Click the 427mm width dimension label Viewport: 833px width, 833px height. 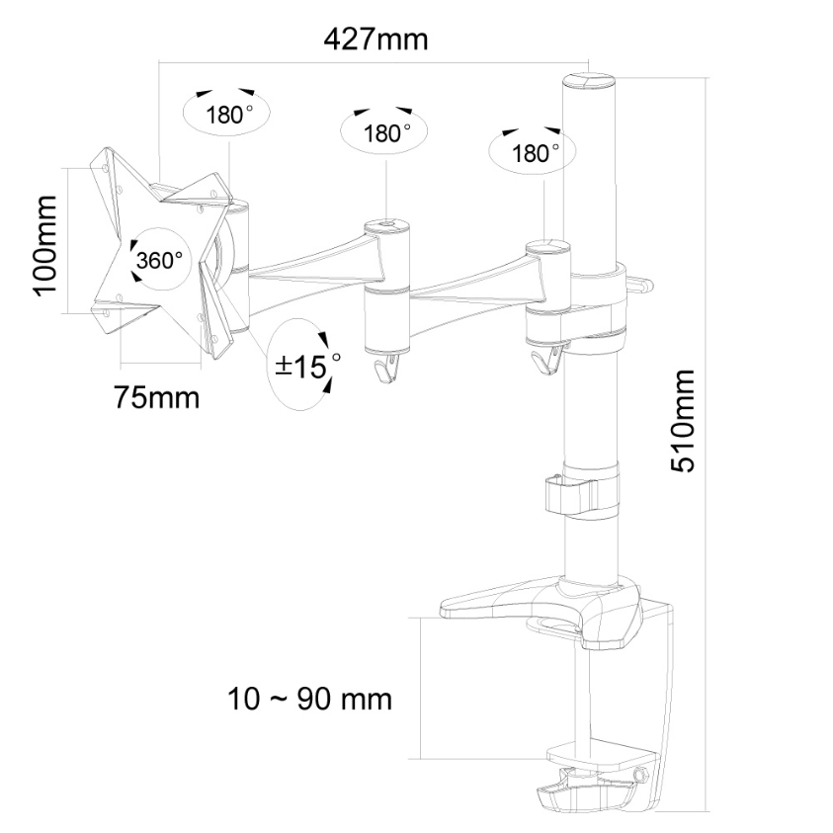point(375,40)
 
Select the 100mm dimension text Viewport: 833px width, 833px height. point(44,245)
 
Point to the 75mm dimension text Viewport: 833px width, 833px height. point(157,397)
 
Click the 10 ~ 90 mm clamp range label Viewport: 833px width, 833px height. point(310,699)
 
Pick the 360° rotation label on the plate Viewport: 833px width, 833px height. point(159,260)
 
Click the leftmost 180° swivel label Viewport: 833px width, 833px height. point(229,114)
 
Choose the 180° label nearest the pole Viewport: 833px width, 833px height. point(535,153)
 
